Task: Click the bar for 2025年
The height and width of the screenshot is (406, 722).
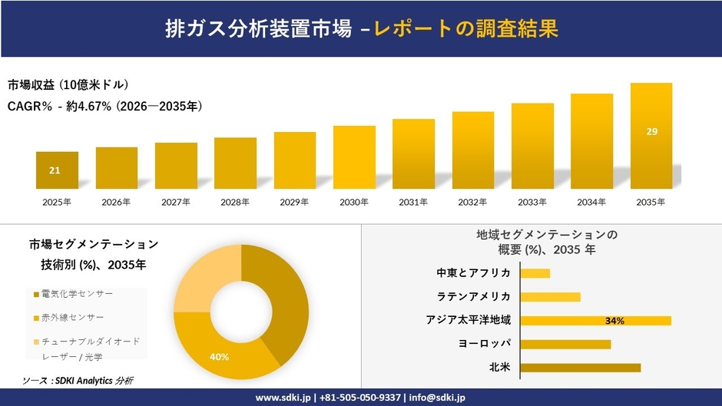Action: click(57, 170)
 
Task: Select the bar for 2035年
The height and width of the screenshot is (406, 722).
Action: click(651, 136)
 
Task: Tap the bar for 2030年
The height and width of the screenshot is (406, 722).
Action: click(354, 157)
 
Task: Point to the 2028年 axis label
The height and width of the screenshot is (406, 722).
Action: click(235, 202)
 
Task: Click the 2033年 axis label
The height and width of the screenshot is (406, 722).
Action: click(532, 202)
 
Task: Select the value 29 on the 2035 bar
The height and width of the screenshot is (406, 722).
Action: click(651, 132)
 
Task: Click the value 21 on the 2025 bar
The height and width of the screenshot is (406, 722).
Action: click(55, 170)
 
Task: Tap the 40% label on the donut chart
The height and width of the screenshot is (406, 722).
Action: click(220, 357)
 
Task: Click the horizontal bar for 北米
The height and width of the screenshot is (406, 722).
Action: click(580, 368)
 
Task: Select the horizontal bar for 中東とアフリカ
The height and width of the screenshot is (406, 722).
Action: click(535, 273)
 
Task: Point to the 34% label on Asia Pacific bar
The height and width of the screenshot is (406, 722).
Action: click(614, 321)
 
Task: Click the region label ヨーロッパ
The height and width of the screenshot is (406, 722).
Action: click(484, 344)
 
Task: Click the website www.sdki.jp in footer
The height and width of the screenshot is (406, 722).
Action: click(283, 398)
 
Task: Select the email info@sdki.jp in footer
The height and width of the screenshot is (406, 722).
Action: click(438, 398)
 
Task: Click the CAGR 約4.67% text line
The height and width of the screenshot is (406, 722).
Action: click(104, 107)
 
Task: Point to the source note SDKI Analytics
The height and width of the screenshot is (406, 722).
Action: click(77, 381)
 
